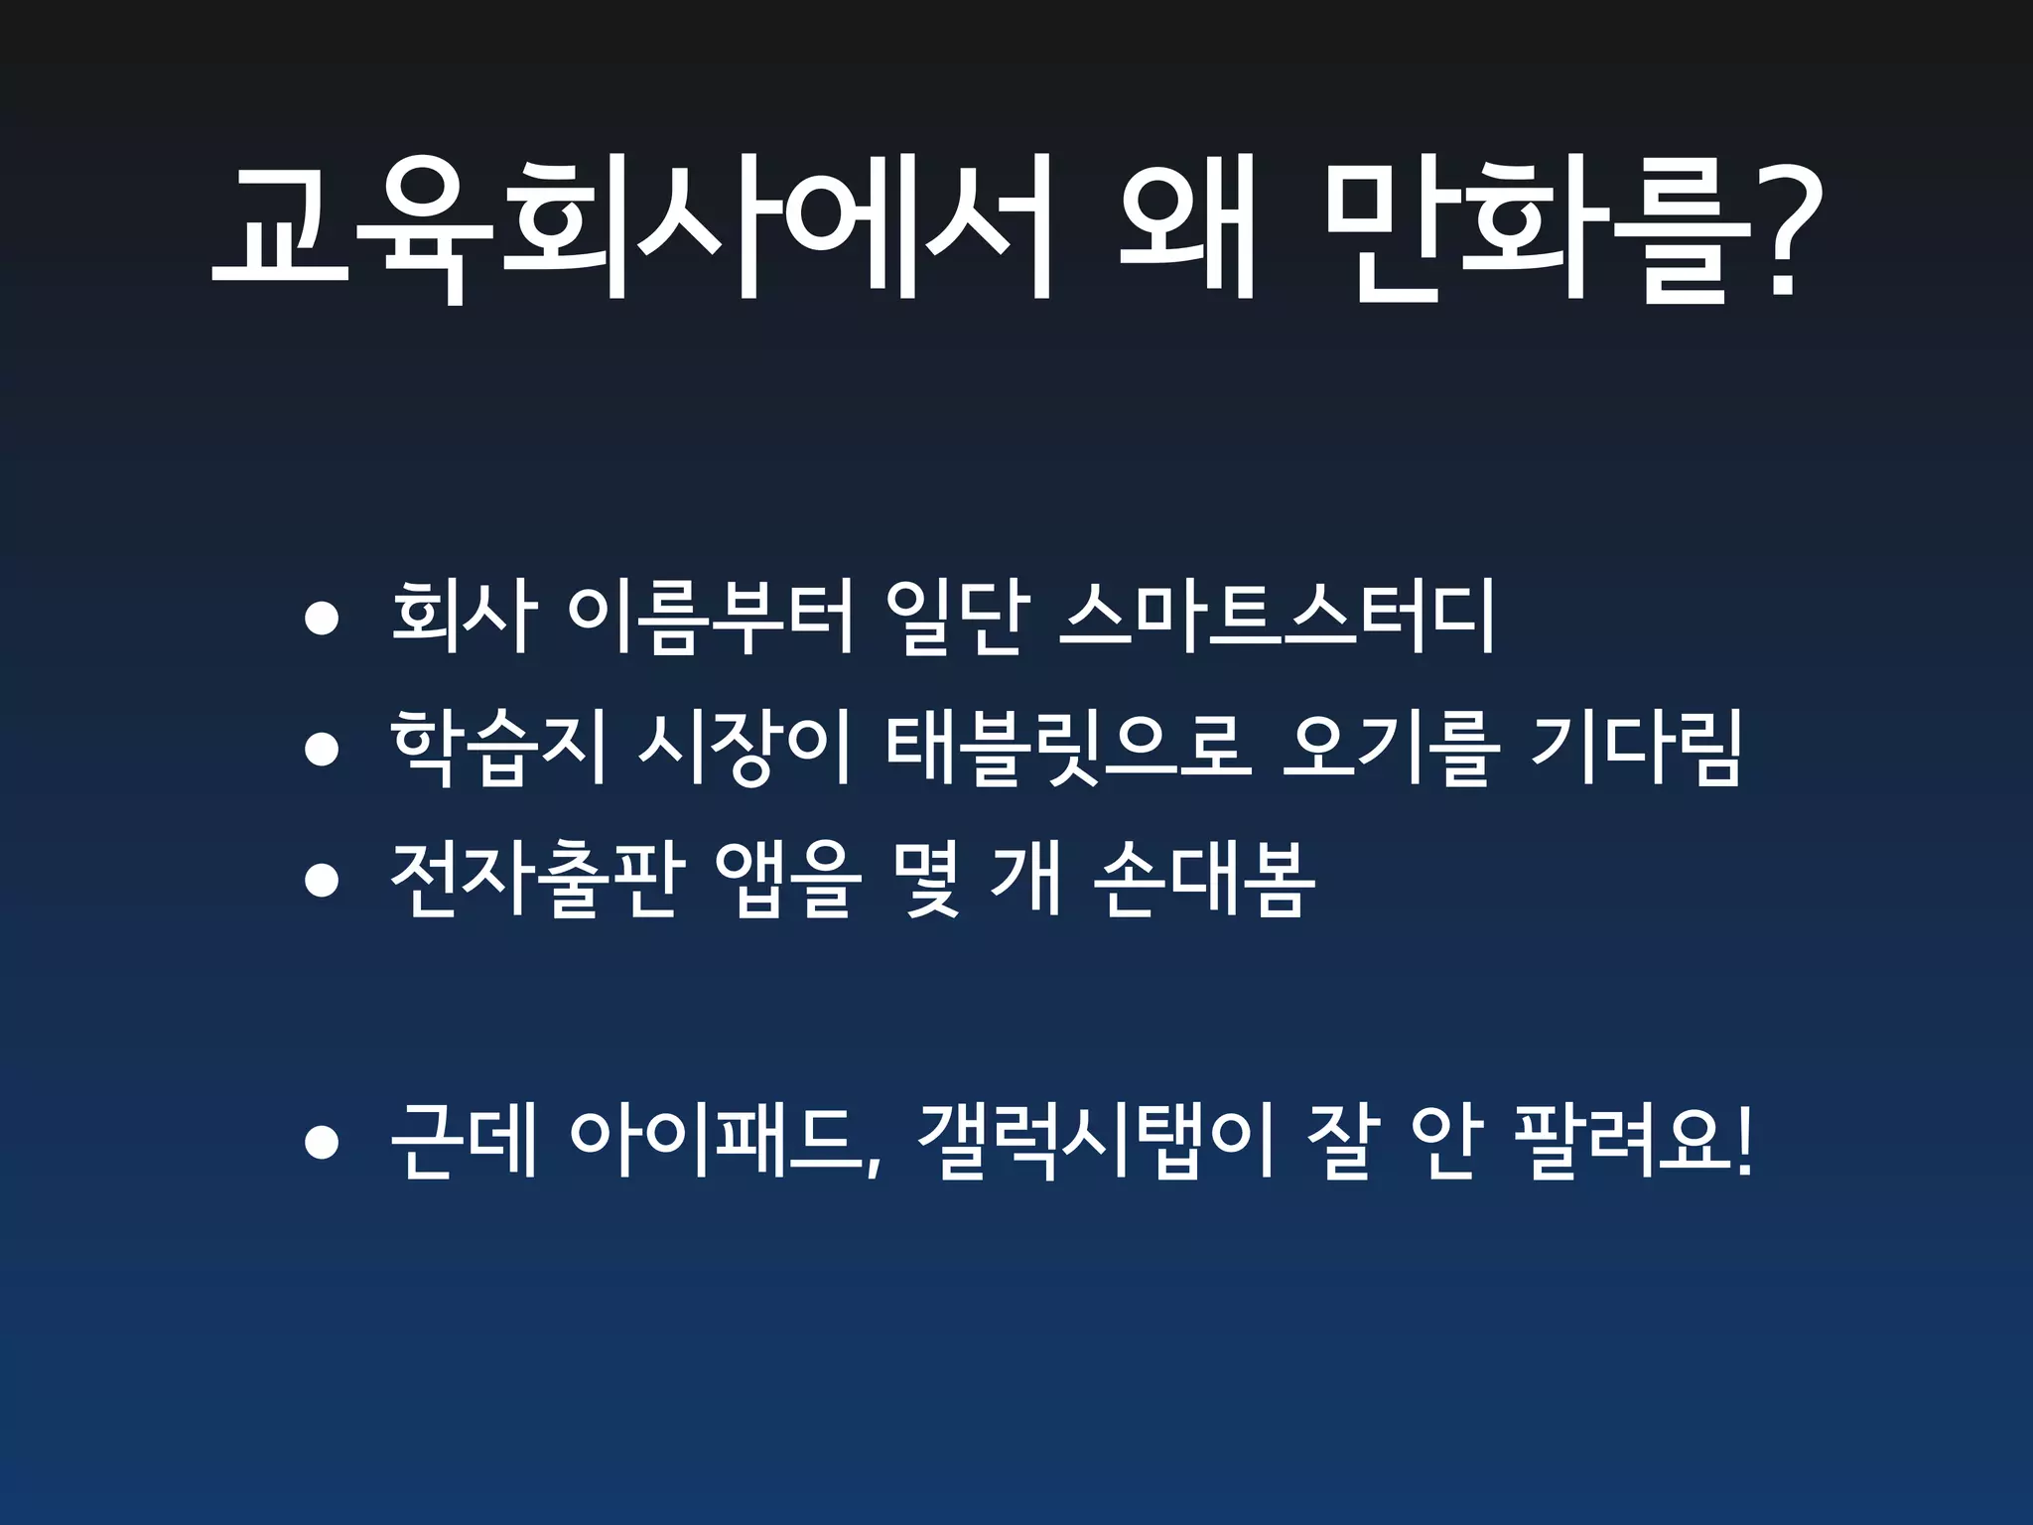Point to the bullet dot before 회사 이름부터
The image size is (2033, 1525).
pos(322,620)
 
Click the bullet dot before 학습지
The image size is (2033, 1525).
pos(322,750)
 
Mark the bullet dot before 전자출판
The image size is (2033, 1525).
pos(322,881)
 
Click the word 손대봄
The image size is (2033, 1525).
pos(1203,880)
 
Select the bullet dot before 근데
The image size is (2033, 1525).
pos(322,1143)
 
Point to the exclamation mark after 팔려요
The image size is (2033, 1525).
pos(1744,1142)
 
